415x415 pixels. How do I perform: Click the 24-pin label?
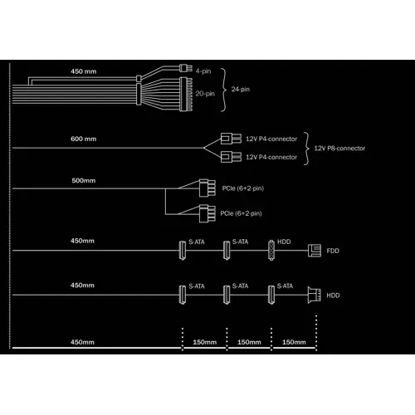pyautogui.click(x=241, y=89)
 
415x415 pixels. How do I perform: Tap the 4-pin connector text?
pyautogui.click(x=203, y=71)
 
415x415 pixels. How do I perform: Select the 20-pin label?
pyautogui.click(x=205, y=94)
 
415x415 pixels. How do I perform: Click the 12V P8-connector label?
pyautogui.click(x=339, y=149)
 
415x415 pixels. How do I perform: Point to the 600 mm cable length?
pyautogui.click(x=84, y=139)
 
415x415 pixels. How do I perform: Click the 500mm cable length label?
pyautogui.click(x=84, y=180)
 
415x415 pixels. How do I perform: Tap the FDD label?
pyautogui.click(x=333, y=251)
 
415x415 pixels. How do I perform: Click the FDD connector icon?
pyautogui.click(x=315, y=251)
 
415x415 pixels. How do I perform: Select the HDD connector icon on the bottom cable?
pyautogui.click(x=315, y=295)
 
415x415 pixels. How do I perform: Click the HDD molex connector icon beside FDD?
pyautogui.click(x=271, y=250)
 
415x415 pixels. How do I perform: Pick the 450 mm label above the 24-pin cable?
pyautogui.click(x=84, y=71)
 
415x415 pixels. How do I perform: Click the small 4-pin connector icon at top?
pyautogui.click(x=186, y=68)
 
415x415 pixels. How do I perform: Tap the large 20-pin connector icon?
pyautogui.click(x=186, y=95)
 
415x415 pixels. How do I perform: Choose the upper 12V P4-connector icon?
pyautogui.click(x=231, y=139)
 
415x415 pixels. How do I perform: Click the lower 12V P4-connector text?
pyautogui.click(x=271, y=157)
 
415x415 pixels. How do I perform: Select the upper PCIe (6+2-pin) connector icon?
pyautogui.click(x=207, y=188)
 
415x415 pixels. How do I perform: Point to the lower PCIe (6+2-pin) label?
pyautogui.click(x=241, y=213)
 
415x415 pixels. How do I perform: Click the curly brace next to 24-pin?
pyautogui.click(x=224, y=90)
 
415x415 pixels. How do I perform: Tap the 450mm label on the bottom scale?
pyautogui.click(x=82, y=342)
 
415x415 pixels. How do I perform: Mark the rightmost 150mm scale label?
pyautogui.click(x=294, y=342)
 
